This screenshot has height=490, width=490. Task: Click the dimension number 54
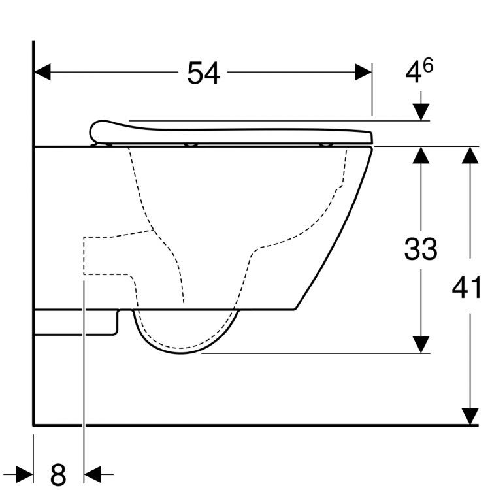(203, 73)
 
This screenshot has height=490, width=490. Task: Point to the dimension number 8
(58, 472)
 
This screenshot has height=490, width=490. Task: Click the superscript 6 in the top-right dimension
(428, 65)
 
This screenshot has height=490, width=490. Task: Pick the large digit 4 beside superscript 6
(414, 73)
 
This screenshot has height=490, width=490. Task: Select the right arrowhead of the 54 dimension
(364, 73)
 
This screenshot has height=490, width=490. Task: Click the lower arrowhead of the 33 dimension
(421, 344)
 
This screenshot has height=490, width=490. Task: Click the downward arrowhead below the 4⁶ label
(421, 112)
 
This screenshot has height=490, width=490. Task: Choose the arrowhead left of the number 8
(25, 472)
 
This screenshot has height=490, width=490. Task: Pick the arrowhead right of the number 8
(93, 472)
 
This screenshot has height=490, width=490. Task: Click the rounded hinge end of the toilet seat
(98, 130)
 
